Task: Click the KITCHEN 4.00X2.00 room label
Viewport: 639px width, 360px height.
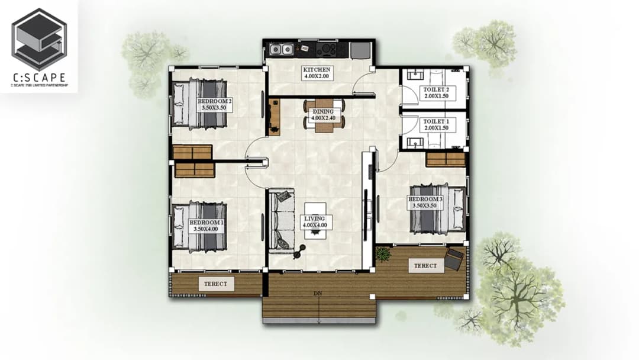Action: click(x=317, y=73)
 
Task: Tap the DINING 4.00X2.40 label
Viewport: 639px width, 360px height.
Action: click(x=323, y=114)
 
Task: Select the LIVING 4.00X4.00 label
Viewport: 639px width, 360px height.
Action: click(x=315, y=222)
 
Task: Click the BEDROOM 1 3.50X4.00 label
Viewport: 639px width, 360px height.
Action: click(x=206, y=226)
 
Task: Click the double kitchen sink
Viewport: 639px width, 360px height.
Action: click(x=282, y=50)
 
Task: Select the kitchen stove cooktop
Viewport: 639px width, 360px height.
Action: click(x=327, y=50)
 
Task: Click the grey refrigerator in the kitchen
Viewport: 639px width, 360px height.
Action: click(x=360, y=50)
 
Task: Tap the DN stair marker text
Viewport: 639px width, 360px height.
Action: click(x=318, y=293)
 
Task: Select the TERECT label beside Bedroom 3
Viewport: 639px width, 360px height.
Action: click(x=425, y=266)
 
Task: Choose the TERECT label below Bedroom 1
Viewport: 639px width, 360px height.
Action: click(x=216, y=284)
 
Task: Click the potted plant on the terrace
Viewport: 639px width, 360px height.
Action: click(x=383, y=253)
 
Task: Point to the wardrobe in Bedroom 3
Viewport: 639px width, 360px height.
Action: click(x=446, y=159)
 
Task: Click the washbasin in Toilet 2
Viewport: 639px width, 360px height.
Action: click(x=415, y=76)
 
